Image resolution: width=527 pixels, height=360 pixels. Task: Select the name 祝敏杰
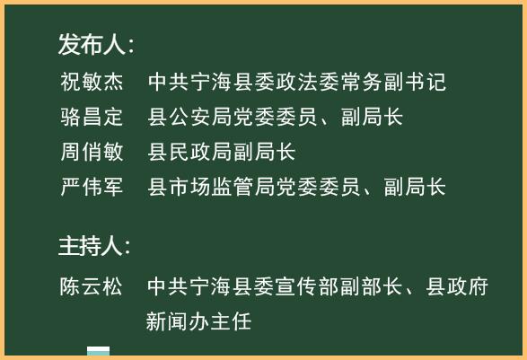point(92,83)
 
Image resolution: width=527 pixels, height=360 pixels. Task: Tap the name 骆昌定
point(92,118)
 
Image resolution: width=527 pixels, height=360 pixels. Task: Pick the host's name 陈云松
point(92,287)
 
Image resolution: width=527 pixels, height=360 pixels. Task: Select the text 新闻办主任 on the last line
point(199,320)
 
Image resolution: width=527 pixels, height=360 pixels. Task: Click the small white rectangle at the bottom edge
point(98,352)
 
